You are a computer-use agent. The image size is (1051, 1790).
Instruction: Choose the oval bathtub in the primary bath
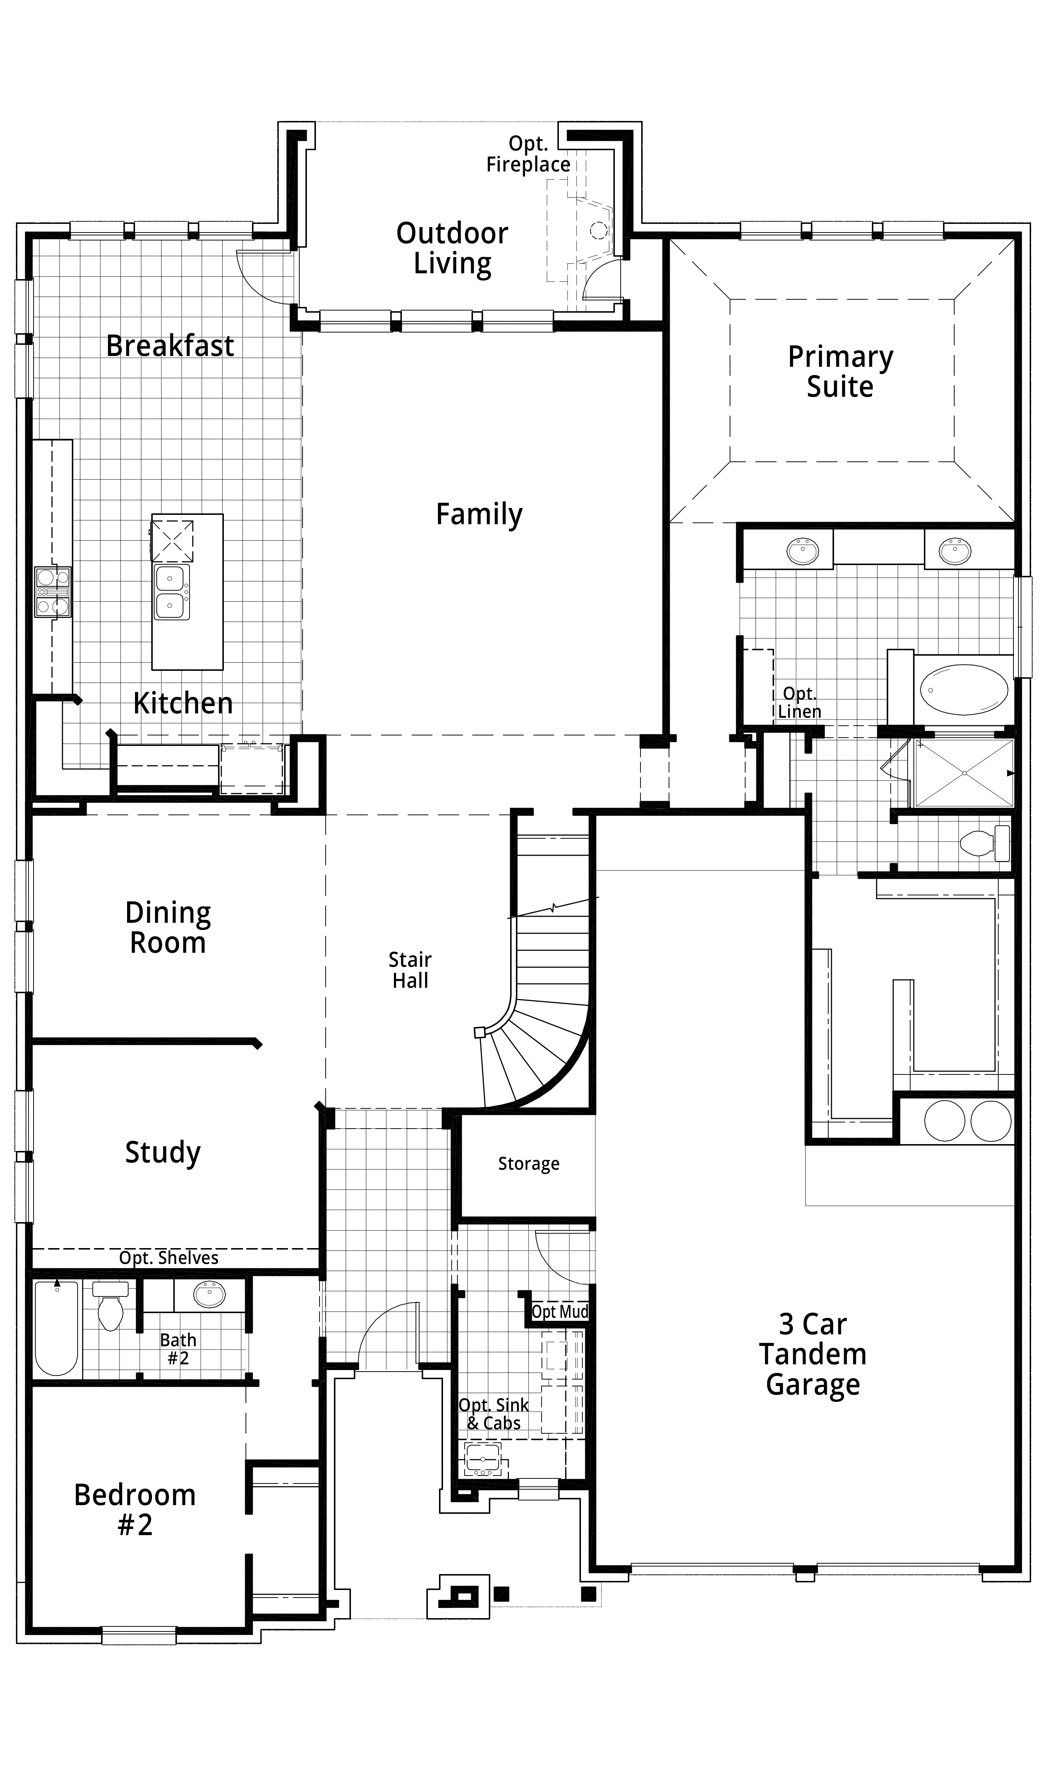(x=964, y=688)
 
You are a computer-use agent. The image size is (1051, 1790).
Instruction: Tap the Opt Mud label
(x=560, y=1311)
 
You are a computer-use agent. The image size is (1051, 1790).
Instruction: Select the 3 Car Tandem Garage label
(x=813, y=1355)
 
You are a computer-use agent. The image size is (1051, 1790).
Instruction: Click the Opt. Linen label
(x=800, y=703)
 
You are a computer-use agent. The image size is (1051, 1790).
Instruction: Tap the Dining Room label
(x=168, y=928)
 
